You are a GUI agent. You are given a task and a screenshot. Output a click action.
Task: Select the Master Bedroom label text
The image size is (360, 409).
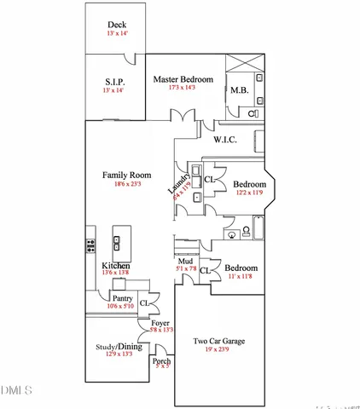183,79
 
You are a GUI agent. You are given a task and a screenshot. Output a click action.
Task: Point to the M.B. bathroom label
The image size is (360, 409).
239,92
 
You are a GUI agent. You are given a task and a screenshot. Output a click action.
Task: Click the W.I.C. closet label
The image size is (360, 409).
225,139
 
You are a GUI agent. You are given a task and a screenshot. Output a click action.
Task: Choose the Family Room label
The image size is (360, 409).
127,175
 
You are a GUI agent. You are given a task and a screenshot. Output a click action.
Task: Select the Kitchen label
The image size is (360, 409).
115,267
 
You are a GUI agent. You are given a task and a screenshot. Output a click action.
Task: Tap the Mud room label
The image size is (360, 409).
185,261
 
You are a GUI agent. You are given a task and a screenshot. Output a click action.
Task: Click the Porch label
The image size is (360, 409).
162,360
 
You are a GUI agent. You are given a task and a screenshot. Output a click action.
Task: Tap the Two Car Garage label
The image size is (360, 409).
219,340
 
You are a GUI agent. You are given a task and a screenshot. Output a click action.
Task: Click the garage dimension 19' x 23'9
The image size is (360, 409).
219,349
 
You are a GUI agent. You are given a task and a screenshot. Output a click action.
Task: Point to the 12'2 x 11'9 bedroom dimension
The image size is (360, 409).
250,193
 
